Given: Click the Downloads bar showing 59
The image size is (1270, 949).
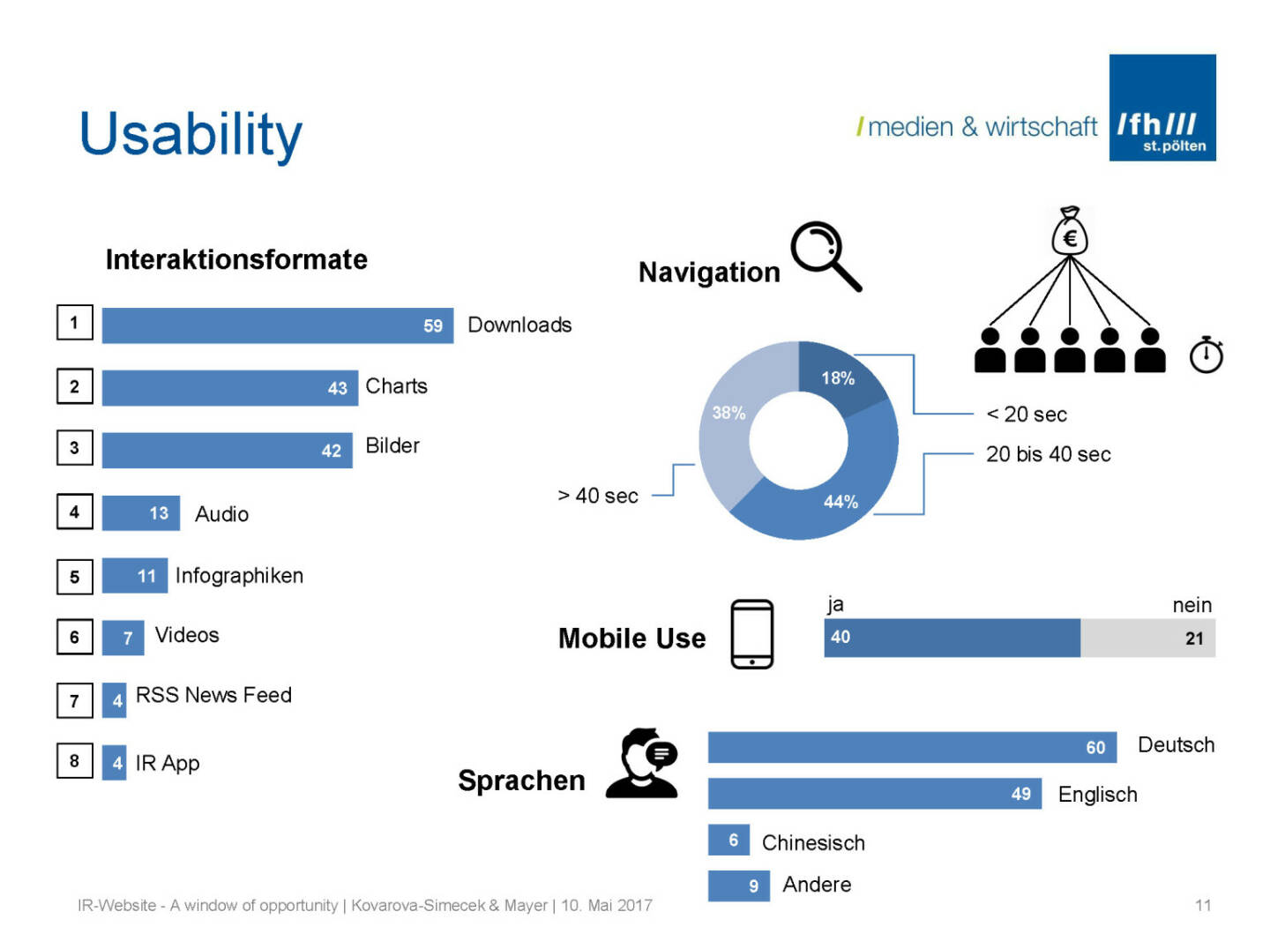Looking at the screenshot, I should pos(277,325).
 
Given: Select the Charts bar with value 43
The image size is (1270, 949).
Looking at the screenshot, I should pos(229,387).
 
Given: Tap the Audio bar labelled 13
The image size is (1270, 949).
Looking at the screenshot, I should pos(140,513).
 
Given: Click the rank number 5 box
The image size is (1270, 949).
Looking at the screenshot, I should pos(74,577).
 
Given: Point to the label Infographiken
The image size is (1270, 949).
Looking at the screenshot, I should pos(239,576).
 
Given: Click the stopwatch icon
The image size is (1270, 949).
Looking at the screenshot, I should pos(1206,355).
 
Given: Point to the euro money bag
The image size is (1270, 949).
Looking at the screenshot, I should pos(1069,232).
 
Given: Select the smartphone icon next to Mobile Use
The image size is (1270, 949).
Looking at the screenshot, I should pos(751,634).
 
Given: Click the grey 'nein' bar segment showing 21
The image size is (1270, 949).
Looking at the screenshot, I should pos(1147,638).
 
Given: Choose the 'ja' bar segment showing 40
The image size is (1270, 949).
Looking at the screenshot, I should pos(952,638).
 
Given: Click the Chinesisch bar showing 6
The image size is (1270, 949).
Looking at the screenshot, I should pos(728,841).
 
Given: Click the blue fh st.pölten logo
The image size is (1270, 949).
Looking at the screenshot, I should pos(1162,108).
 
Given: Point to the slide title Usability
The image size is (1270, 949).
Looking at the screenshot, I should pos(190,135).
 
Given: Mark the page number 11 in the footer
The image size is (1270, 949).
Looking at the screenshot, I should pos(1202,905).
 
